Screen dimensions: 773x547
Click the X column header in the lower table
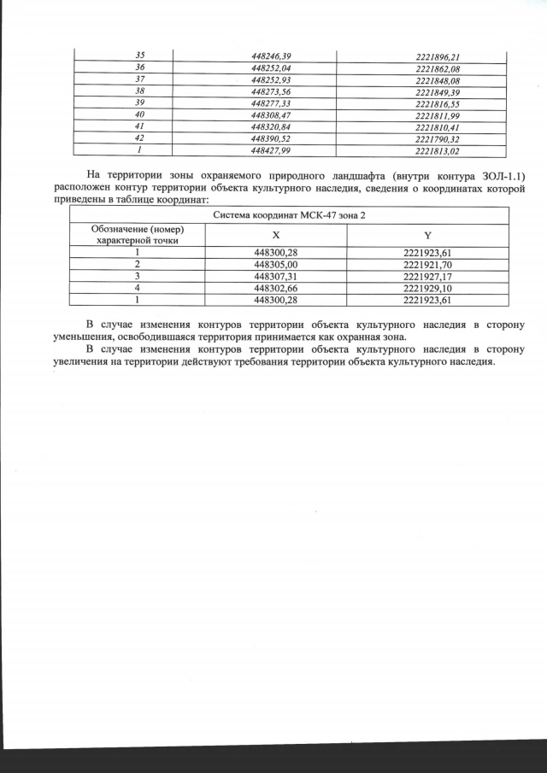point(275,235)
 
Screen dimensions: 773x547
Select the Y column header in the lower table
point(427,235)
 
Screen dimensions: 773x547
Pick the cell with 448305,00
point(275,265)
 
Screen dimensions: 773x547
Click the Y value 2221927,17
point(427,277)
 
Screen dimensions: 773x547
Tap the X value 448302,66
point(275,289)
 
